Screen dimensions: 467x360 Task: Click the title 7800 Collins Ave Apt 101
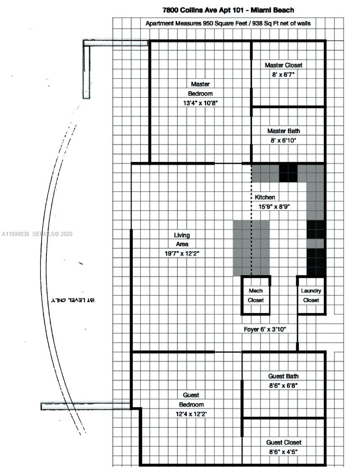(x=228, y=10)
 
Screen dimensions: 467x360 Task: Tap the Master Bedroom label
(x=200, y=89)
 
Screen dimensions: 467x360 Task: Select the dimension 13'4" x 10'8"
(x=200, y=103)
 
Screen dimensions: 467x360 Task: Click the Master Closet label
(x=283, y=65)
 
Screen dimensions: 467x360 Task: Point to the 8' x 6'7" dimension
(x=283, y=75)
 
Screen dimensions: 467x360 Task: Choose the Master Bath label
(x=283, y=131)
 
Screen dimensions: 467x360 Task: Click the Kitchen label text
(x=265, y=197)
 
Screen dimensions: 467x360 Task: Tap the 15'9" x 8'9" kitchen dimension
(x=274, y=207)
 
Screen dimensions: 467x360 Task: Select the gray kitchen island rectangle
(x=251, y=248)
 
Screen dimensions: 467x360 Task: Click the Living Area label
(x=182, y=239)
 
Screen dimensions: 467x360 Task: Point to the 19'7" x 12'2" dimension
(x=182, y=253)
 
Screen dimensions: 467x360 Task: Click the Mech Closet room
(x=255, y=295)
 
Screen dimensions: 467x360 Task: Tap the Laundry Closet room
(x=311, y=295)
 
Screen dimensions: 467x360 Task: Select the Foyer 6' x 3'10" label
(x=265, y=329)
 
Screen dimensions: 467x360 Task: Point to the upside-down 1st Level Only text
(x=73, y=300)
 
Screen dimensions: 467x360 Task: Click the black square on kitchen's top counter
(x=288, y=173)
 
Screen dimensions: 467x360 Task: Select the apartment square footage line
(x=228, y=24)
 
